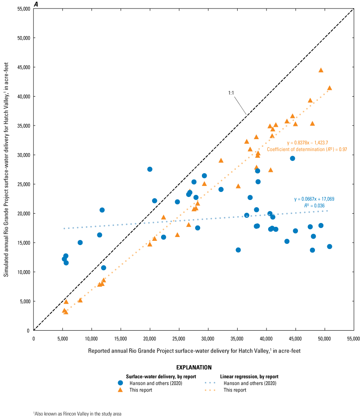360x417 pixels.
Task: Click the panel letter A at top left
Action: pos(36,4)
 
